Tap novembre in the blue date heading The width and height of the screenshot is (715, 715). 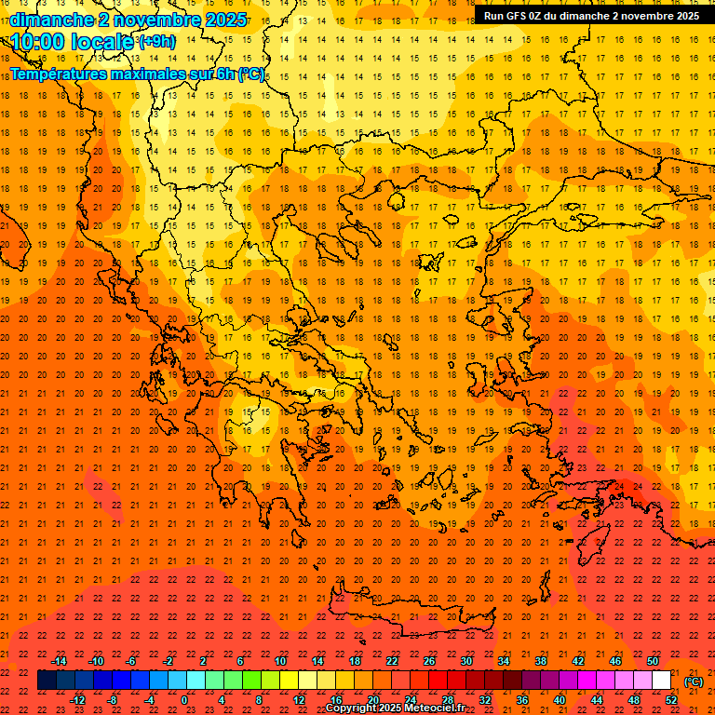point(156,20)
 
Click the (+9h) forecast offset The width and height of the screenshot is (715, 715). point(155,42)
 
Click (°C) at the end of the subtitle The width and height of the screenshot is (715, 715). point(250,74)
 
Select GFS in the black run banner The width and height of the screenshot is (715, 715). point(522,16)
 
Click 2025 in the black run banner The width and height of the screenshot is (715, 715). point(687,16)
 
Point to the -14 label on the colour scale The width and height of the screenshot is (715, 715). point(59,661)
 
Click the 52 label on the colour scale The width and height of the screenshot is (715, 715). point(671,700)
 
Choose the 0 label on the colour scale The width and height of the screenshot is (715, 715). point(184,700)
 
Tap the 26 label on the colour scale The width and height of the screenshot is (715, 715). point(429,661)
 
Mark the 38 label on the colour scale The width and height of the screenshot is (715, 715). point(541,661)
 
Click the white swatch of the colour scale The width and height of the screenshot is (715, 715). point(662,681)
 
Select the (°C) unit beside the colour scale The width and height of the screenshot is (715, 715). point(694,681)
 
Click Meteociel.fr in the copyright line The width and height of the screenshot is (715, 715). point(435,708)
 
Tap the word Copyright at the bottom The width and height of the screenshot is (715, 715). point(351,708)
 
